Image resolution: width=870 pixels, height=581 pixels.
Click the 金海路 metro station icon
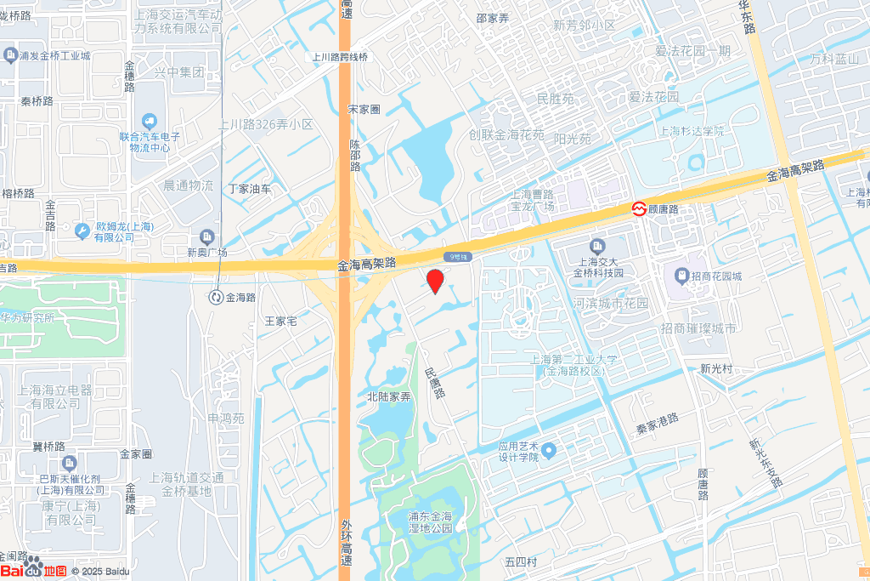(x=216, y=297)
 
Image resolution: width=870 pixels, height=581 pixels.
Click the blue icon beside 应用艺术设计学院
(x=548, y=449)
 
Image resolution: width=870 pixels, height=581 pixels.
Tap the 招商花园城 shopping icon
(x=681, y=276)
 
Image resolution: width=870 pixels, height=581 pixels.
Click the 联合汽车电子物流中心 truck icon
(x=150, y=122)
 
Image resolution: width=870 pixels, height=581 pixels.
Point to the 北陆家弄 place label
(x=388, y=396)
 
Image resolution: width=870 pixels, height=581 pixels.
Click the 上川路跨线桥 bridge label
(x=339, y=57)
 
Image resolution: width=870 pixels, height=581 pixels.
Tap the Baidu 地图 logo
(x=34, y=570)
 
